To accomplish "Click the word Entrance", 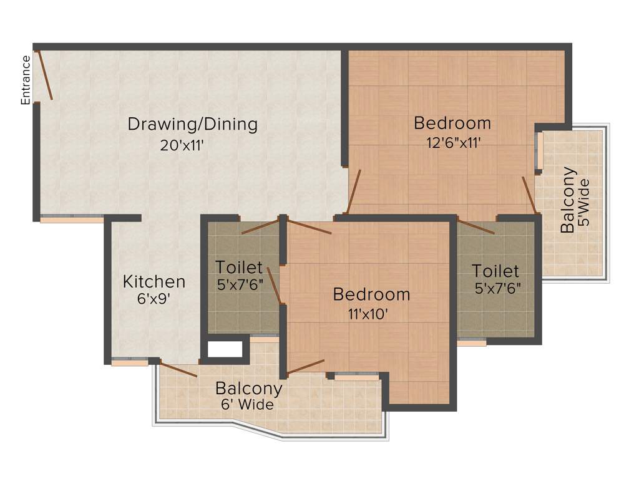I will click(26, 80).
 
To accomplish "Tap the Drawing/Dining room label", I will click(192, 124).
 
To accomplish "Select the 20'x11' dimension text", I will click(183, 145).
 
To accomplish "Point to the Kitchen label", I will click(154, 281).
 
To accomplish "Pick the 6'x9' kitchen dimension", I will click(153, 299).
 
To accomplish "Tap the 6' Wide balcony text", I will click(247, 405).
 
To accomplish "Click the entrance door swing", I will click(46, 75).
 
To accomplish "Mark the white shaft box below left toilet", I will click(225, 350).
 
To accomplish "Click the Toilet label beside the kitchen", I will click(239, 268).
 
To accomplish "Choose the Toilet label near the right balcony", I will click(495, 271).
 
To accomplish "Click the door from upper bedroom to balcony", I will click(529, 195).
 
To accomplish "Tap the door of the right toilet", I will click(476, 226).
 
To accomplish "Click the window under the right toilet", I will click(472, 342).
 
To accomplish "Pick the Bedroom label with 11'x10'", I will click(371, 294).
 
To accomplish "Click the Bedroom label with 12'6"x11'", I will click(452, 122).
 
